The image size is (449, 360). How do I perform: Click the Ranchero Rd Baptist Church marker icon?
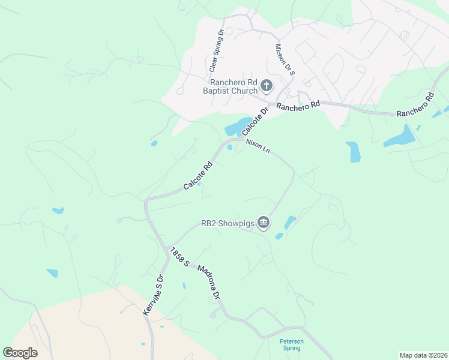pos(267,86)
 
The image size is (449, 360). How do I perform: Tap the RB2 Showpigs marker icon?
pos(264,224)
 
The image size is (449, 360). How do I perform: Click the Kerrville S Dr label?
pos(153,296)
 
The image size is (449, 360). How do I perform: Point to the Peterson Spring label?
pos(292,344)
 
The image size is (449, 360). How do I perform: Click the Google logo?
pos(20,353)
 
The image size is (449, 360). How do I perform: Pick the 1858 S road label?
pos(179,257)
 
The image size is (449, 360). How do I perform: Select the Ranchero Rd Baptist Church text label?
pos(234,86)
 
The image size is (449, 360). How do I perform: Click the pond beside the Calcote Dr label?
pos(235,128)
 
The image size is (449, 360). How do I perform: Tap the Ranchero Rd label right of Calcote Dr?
pos(298,106)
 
